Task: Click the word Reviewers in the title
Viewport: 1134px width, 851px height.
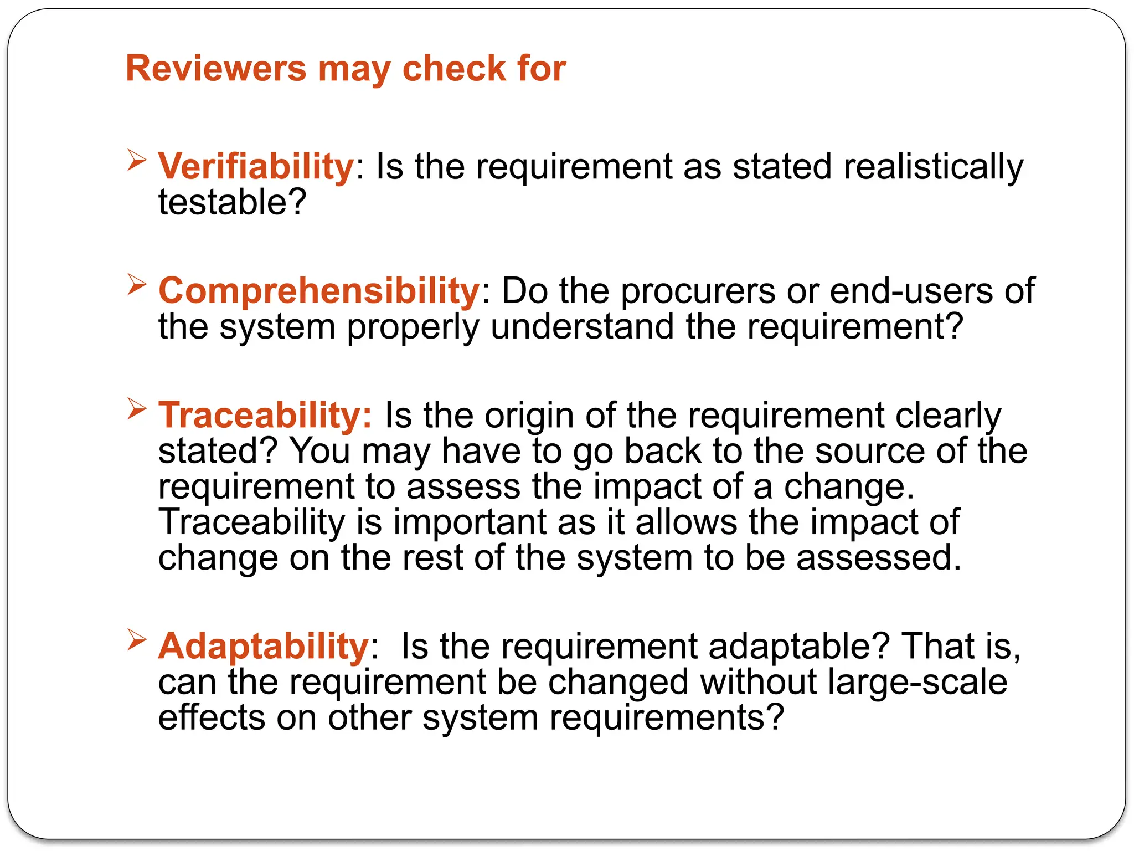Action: [x=216, y=68]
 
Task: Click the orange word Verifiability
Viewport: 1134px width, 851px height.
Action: [x=256, y=166]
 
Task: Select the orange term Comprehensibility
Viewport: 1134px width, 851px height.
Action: [x=319, y=291]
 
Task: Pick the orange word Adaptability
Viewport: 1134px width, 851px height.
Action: [x=264, y=646]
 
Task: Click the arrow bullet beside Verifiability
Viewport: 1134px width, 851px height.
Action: [x=136, y=160]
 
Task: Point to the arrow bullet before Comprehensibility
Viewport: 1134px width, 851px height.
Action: [x=136, y=285]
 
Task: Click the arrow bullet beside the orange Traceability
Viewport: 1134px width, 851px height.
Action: [x=136, y=409]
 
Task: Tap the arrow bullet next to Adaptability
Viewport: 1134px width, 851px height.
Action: [x=136, y=640]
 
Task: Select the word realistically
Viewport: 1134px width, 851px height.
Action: [x=933, y=166]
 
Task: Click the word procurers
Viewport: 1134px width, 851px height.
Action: [x=698, y=291]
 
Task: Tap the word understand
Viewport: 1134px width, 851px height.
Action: [x=582, y=327]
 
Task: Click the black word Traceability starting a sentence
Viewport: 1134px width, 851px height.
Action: [x=251, y=522]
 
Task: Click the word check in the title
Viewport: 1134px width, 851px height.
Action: [x=453, y=68]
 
